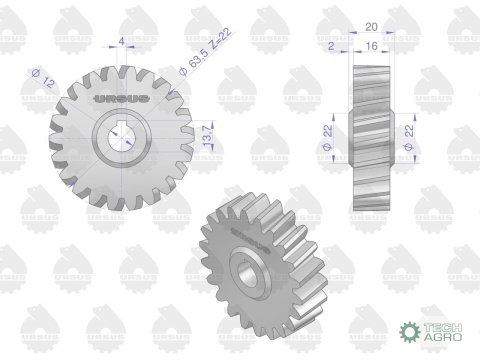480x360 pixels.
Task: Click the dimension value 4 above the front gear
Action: [x=122, y=41]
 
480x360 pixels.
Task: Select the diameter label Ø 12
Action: [x=43, y=78]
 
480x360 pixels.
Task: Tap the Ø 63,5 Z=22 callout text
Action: [x=205, y=52]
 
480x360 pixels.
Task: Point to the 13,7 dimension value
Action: [x=207, y=136]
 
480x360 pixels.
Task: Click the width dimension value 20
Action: [x=371, y=27]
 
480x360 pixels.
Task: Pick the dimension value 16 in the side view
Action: [x=371, y=46]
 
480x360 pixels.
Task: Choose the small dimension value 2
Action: [x=331, y=46]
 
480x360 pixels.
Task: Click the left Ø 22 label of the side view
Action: [x=328, y=137]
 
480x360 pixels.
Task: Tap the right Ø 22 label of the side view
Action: [x=409, y=137]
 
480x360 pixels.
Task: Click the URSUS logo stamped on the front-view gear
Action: [x=121, y=99]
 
